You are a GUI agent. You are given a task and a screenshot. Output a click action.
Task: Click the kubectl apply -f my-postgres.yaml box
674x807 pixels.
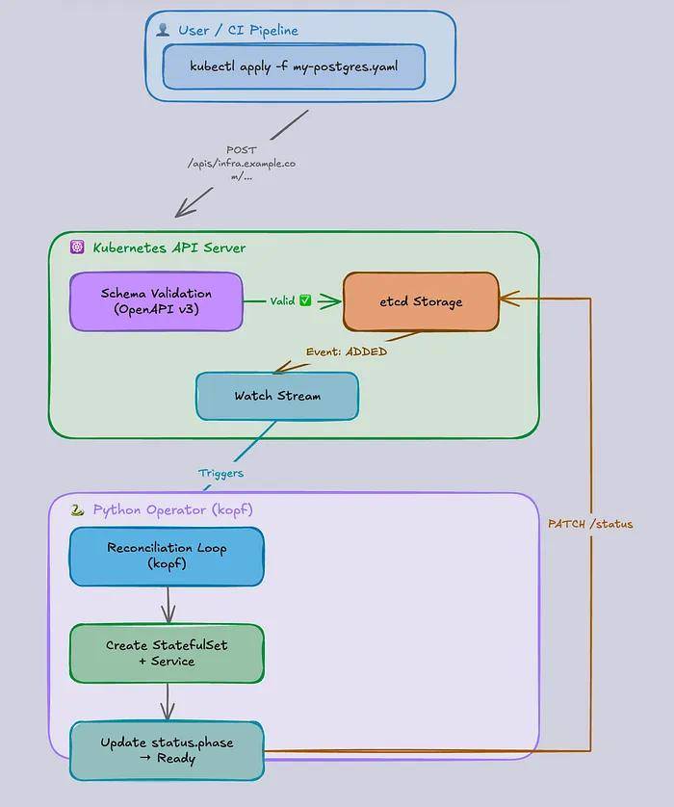pyautogui.click(x=294, y=66)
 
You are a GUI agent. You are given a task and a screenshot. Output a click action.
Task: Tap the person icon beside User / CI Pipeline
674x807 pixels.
pyautogui.click(x=163, y=30)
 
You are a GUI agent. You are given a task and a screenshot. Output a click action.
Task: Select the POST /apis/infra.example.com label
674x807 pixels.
pyautogui.click(x=242, y=163)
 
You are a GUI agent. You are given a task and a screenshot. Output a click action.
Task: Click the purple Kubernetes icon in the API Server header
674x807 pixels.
pyautogui.click(x=77, y=247)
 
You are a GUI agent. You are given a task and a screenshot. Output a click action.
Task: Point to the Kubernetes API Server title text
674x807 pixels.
pyautogui.click(x=169, y=247)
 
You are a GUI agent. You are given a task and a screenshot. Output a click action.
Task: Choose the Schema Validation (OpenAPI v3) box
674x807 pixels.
pyautogui.click(x=156, y=301)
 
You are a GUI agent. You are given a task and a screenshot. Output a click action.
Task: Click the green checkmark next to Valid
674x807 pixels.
pyautogui.click(x=305, y=300)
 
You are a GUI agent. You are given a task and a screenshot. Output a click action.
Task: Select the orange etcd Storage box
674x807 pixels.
pyautogui.click(x=421, y=301)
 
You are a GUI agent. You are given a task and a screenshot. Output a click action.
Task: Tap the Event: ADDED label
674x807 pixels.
pyautogui.click(x=347, y=351)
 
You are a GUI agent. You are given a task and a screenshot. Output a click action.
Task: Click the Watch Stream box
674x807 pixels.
pyautogui.click(x=277, y=396)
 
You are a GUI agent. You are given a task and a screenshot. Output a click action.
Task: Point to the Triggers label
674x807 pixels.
pyautogui.click(x=220, y=473)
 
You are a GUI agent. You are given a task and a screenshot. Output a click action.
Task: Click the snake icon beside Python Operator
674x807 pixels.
pyautogui.click(x=77, y=509)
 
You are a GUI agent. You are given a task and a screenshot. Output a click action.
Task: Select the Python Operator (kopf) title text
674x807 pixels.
pyautogui.click(x=173, y=509)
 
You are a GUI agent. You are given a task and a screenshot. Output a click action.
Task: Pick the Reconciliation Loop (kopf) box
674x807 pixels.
pyautogui.click(x=167, y=557)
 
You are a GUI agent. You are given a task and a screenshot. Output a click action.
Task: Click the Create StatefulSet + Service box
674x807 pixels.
pyautogui.click(x=167, y=653)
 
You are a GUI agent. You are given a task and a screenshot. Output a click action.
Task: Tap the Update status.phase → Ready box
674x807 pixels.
pyautogui.click(x=167, y=750)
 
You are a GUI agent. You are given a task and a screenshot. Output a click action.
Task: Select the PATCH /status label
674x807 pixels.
pyautogui.click(x=590, y=524)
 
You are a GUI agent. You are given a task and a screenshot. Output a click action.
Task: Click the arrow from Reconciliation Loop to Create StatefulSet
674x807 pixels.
pyautogui.click(x=168, y=605)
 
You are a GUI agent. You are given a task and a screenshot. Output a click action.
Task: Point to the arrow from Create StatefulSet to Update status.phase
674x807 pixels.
pyautogui.click(x=168, y=702)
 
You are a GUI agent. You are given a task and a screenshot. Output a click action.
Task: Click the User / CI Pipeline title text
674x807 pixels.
pyautogui.click(x=238, y=31)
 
